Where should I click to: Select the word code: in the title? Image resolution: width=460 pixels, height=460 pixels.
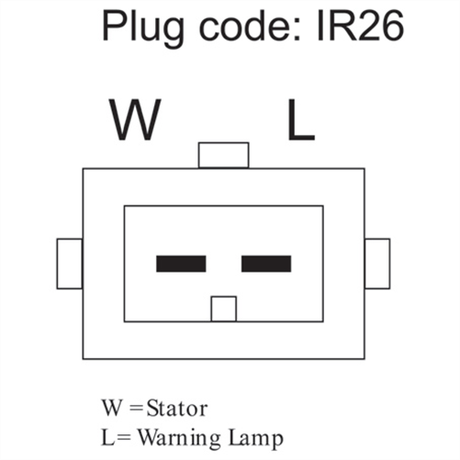(251, 26)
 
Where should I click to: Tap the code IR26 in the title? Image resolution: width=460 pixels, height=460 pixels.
(361, 26)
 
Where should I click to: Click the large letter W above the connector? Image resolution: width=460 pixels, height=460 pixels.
(135, 120)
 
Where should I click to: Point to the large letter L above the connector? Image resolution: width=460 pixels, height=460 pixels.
(301, 120)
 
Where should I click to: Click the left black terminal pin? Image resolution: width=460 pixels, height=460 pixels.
(181, 264)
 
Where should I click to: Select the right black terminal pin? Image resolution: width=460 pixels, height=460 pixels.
(266, 264)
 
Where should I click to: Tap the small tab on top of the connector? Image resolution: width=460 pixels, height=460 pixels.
(223, 155)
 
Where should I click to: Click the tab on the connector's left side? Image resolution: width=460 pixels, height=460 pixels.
(70, 264)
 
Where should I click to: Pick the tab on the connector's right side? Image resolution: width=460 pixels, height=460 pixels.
(377, 264)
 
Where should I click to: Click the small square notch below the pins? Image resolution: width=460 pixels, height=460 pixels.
(224, 309)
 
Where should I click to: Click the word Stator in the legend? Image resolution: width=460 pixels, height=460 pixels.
(177, 409)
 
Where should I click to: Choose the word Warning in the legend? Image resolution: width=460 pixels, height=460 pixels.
(179, 439)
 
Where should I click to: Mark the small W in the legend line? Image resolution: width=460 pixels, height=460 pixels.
(111, 409)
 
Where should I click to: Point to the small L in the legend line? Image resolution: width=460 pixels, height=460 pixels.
(107, 438)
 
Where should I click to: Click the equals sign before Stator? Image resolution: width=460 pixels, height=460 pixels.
(137, 409)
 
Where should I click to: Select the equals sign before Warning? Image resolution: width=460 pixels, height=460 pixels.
(124, 438)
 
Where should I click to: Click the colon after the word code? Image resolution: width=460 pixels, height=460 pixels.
(297, 30)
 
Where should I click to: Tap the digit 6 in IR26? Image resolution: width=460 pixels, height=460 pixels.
(393, 26)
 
